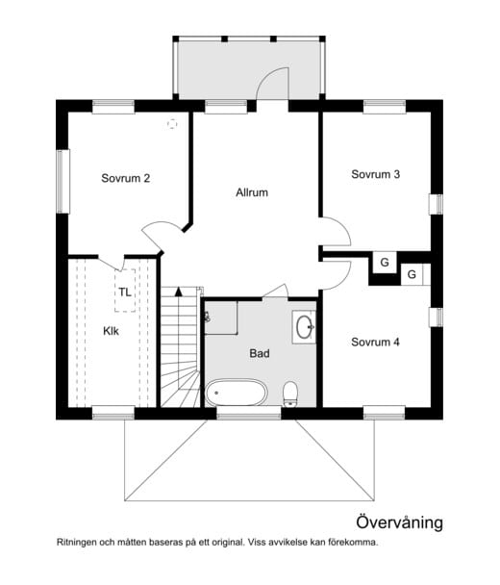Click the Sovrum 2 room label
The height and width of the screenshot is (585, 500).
pos(125,177)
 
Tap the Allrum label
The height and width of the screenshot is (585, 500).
pos(251,192)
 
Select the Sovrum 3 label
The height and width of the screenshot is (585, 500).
pos(375,174)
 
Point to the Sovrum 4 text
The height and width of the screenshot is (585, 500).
pos(375,342)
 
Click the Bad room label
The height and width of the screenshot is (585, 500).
pos(259,353)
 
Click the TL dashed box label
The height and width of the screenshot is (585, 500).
pos(125,291)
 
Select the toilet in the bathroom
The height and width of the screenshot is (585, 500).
pos(290,393)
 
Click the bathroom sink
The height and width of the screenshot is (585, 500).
pos(305,328)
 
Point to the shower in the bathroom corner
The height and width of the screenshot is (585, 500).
pos(220,316)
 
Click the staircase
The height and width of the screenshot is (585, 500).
pos(181,346)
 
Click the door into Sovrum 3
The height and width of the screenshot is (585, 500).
pos(333,232)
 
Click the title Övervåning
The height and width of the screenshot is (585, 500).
pos(399,522)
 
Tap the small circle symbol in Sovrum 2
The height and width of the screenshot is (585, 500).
pos(172,123)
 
